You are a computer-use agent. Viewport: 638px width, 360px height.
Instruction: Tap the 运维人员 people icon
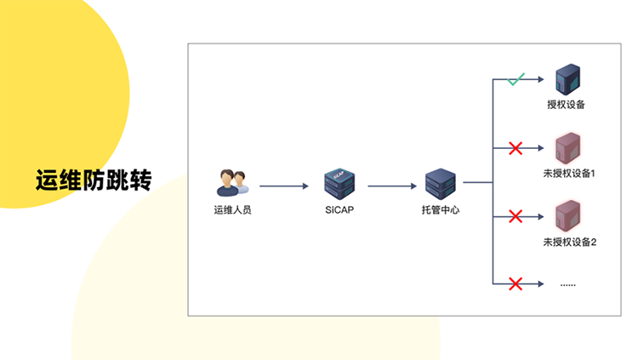(232, 181)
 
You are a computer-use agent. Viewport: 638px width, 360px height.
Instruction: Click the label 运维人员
(232, 209)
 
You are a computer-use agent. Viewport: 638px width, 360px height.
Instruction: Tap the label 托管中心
(441, 209)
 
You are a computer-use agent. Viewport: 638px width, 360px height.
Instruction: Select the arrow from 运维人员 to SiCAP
(283, 185)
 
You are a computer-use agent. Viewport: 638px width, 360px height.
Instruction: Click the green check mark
(515, 81)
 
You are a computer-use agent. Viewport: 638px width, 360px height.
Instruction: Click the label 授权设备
(567, 106)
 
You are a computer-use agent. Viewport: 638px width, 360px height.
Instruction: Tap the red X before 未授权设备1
(515, 149)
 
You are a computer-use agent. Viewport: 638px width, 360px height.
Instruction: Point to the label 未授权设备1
(570, 174)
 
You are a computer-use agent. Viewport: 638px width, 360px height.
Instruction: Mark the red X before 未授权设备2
(515, 216)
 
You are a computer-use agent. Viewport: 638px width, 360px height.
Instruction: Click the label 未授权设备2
(570, 242)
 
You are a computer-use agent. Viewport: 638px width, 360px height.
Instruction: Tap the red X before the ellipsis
(515, 283)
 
